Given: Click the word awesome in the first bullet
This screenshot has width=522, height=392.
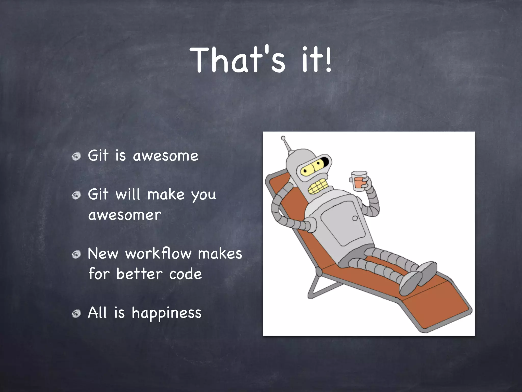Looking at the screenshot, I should coord(165,156).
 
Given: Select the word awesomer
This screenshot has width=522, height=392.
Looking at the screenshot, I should coord(125,215).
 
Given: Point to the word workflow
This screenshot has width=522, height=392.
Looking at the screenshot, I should coord(158,254).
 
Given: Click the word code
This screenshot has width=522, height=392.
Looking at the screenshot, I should coord(186,274).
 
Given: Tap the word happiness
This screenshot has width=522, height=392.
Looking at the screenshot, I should coord(166,313).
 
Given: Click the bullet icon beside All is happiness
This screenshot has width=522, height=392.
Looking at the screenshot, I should coord(76,314).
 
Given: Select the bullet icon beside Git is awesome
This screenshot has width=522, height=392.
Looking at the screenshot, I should coord(76,156).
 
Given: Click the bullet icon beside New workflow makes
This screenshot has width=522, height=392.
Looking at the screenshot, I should coord(76,254).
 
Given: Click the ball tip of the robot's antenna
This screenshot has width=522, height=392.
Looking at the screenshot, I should coord(283,138).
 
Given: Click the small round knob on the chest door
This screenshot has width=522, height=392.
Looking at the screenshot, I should coord(355,218).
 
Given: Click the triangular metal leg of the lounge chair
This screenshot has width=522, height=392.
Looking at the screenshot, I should coord(316,286).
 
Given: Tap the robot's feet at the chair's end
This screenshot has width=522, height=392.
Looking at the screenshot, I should coord(418,277).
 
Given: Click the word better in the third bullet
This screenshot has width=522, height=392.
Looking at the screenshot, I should coord(139,274).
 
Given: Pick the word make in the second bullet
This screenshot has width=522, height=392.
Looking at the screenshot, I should coord(166,195).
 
